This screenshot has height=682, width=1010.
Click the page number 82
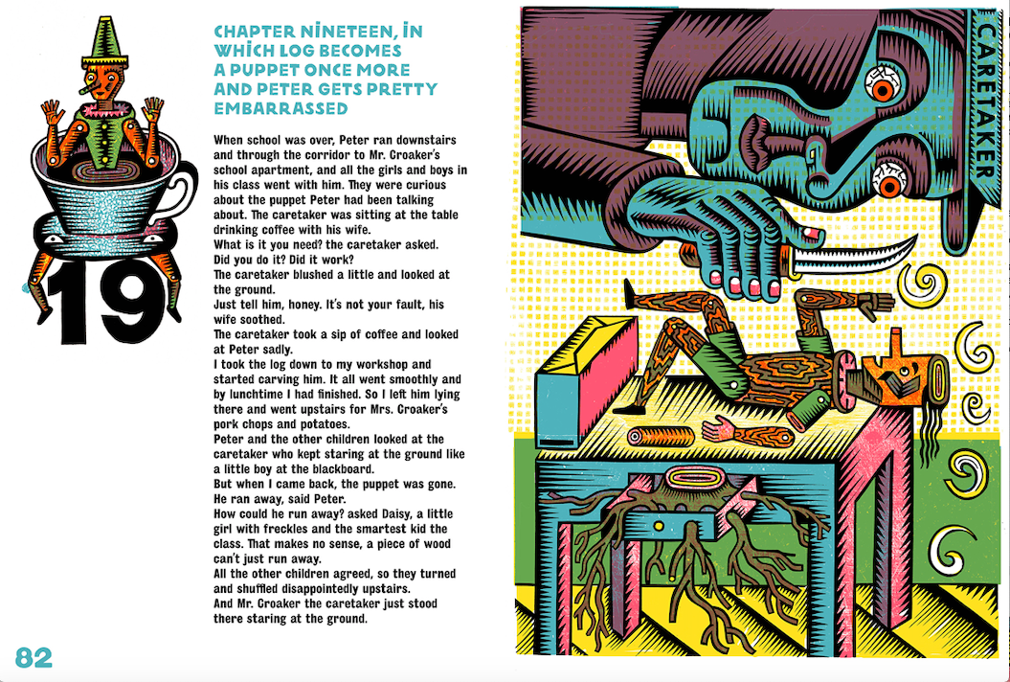(x=34, y=657)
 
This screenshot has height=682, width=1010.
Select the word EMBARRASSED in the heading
(x=281, y=108)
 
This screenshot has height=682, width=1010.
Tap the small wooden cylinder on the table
(x=661, y=437)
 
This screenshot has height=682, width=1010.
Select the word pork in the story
(x=226, y=425)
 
